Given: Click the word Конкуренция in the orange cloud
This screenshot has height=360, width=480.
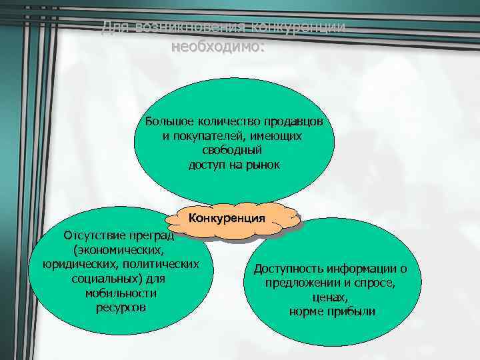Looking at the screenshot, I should tap(227, 218).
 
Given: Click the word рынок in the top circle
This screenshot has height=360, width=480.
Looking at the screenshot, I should tap(262, 164).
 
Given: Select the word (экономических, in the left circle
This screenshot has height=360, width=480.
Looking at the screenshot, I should tap(118, 250).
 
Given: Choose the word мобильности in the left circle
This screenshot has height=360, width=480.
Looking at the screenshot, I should tap(121, 293).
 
